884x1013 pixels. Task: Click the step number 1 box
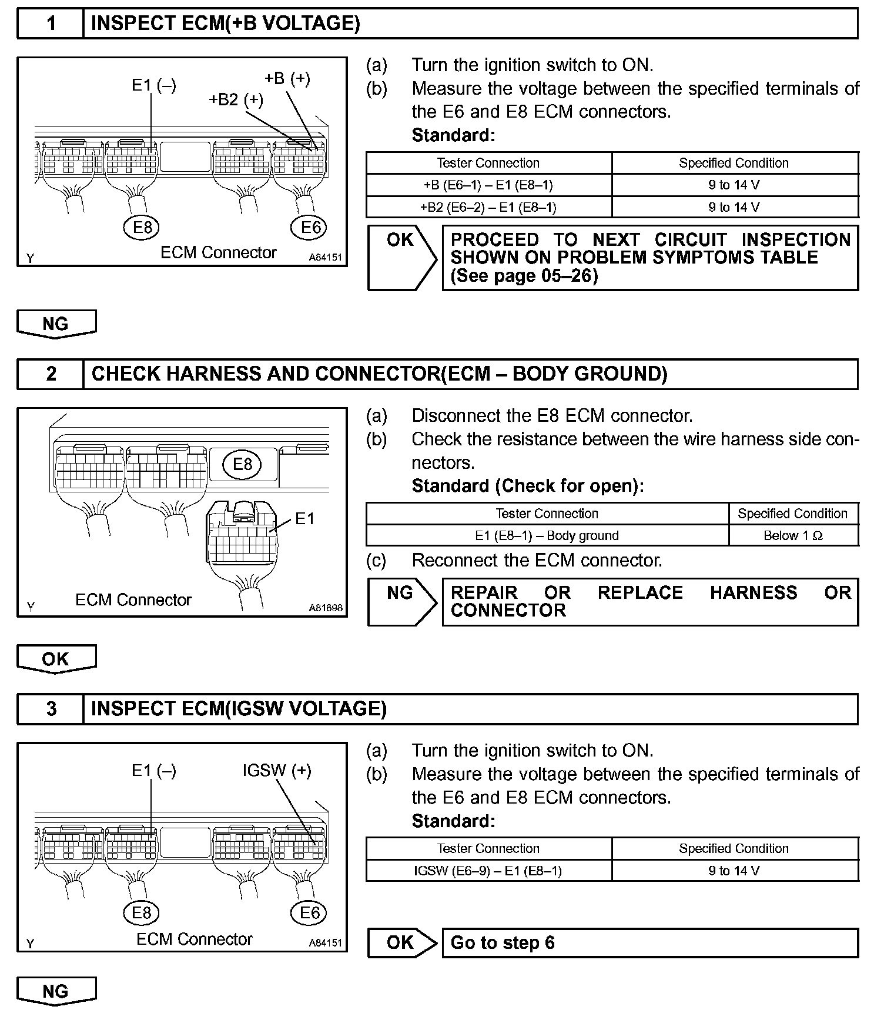pyautogui.click(x=51, y=24)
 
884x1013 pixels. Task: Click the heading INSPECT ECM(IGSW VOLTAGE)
pyautogui.click(x=239, y=708)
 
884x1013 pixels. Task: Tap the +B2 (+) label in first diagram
pyautogui.click(x=236, y=99)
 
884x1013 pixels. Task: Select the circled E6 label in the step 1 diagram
pyautogui.click(x=310, y=227)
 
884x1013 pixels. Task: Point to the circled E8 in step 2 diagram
pyautogui.click(x=242, y=464)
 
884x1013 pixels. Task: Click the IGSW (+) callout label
pyautogui.click(x=277, y=770)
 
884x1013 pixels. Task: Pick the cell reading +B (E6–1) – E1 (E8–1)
pyautogui.click(x=488, y=185)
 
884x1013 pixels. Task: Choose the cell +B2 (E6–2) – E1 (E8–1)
pyautogui.click(x=488, y=207)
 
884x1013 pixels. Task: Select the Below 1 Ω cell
pyautogui.click(x=793, y=535)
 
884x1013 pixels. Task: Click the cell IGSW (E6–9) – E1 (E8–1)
pyautogui.click(x=488, y=871)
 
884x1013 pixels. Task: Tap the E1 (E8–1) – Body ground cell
pyautogui.click(x=547, y=535)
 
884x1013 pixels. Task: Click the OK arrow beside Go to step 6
pyautogui.click(x=402, y=942)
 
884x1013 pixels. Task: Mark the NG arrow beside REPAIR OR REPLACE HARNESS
pyautogui.click(x=402, y=601)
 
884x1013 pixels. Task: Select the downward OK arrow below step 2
pyautogui.click(x=56, y=659)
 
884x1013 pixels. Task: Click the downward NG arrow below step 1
pyautogui.click(x=56, y=324)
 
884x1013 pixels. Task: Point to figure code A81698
pyautogui.click(x=326, y=608)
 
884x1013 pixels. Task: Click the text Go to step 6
pyautogui.click(x=503, y=942)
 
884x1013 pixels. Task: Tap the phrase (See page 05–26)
pyautogui.click(x=524, y=276)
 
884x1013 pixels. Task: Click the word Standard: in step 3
pyautogui.click(x=453, y=821)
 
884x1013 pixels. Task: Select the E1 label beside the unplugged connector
pyautogui.click(x=304, y=518)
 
